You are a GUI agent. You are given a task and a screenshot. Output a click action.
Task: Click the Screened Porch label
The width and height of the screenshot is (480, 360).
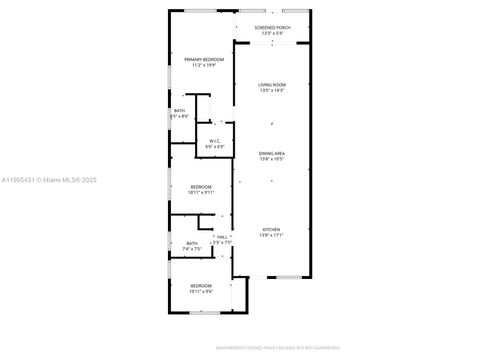pos(271,27)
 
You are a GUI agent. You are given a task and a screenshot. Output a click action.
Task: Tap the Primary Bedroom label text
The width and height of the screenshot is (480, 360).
pos(203,60)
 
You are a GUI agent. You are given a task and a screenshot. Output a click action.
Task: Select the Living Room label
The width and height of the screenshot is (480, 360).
pos(271,85)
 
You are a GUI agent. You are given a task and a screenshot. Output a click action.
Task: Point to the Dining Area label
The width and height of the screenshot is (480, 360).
pos(271,153)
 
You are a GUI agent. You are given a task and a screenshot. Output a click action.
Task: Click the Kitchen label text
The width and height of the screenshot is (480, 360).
pos(271,229)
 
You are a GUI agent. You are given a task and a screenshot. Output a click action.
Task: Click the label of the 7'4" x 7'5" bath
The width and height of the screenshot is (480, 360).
pos(192,243)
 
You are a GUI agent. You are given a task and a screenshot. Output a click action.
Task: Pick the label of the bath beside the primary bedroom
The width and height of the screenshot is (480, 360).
pos(179,110)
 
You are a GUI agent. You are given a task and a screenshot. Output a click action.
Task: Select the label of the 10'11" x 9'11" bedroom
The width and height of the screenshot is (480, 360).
pos(202,186)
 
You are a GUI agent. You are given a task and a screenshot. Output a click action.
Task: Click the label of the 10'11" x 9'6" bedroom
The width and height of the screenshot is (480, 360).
pos(202,285)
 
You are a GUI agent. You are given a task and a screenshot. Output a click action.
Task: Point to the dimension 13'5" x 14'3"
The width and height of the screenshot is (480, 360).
pos(271,91)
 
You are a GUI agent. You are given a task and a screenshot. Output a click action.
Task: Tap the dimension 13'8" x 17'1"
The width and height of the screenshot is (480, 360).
pos(271,235)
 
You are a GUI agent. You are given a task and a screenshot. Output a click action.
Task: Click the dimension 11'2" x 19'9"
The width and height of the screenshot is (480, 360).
pos(203,66)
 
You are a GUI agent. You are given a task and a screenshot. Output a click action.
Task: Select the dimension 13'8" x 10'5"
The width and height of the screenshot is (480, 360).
pos(271,159)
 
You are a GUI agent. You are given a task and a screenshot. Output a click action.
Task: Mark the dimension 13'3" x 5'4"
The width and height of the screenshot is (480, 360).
pos(271,33)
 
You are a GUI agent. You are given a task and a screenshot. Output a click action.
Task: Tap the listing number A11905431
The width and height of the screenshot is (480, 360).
pos(20,179)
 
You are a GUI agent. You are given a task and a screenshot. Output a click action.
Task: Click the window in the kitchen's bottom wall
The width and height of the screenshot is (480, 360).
pos(290,276)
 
